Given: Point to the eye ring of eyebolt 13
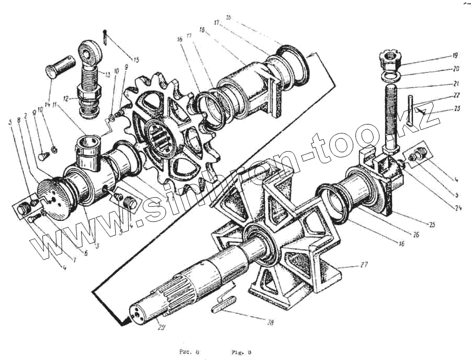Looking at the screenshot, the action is coord(88,52).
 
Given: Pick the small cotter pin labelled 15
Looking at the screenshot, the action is coord(106,37).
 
